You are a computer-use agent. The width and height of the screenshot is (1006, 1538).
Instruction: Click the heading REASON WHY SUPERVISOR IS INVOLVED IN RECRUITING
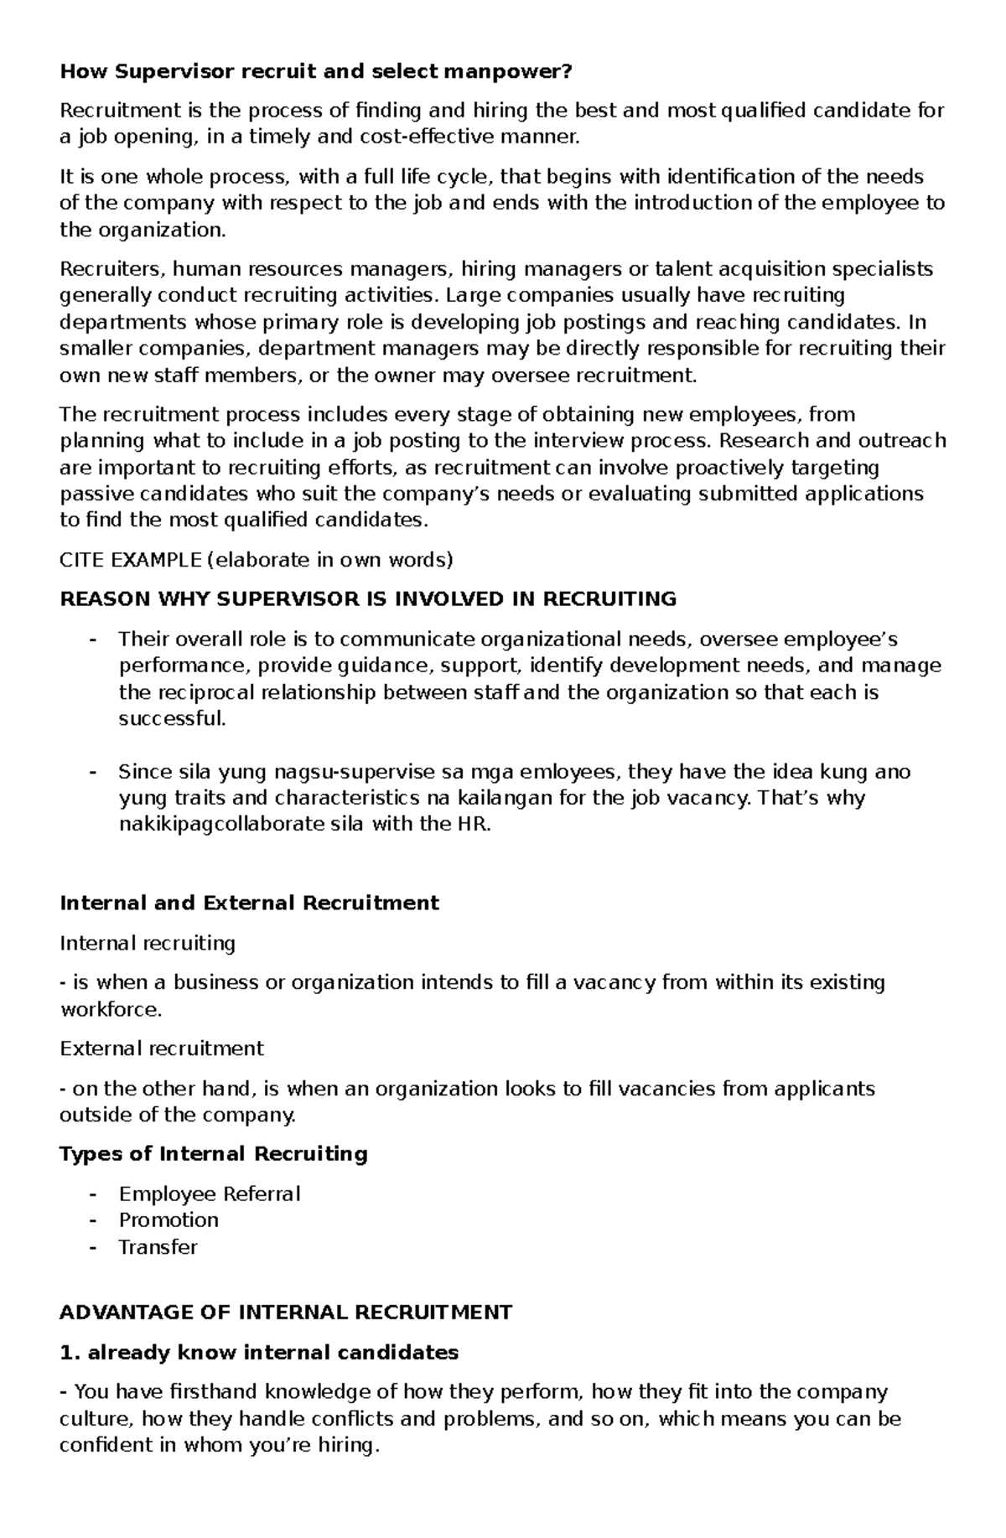pos(367,599)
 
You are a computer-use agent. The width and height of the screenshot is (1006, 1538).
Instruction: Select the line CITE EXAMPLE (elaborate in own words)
pos(256,560)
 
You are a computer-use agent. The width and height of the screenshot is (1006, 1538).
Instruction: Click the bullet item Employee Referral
pos(209,1194)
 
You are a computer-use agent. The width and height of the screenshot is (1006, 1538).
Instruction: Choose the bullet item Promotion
pos(169,1220)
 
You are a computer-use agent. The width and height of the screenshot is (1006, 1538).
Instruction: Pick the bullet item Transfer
pos(158,1247)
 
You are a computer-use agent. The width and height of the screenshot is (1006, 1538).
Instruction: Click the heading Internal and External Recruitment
pos(249,904)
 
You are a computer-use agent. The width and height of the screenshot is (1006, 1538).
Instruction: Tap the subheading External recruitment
pos(161,1049)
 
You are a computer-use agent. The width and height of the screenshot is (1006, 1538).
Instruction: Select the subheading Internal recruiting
pos(148,944)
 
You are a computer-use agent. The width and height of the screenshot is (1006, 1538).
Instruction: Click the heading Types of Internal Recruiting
pos(213,1154)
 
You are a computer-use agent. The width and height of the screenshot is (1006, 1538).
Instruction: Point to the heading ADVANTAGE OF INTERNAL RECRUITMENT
pos(285,1313)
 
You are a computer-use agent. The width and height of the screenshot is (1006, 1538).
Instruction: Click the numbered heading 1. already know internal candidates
pos(259,1352)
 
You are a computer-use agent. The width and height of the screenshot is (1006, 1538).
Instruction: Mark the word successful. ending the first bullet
pos(172,719)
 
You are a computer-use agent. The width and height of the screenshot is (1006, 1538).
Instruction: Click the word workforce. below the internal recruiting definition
pos(110,1010)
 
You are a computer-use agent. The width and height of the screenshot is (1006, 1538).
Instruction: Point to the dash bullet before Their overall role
pos(92,640)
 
